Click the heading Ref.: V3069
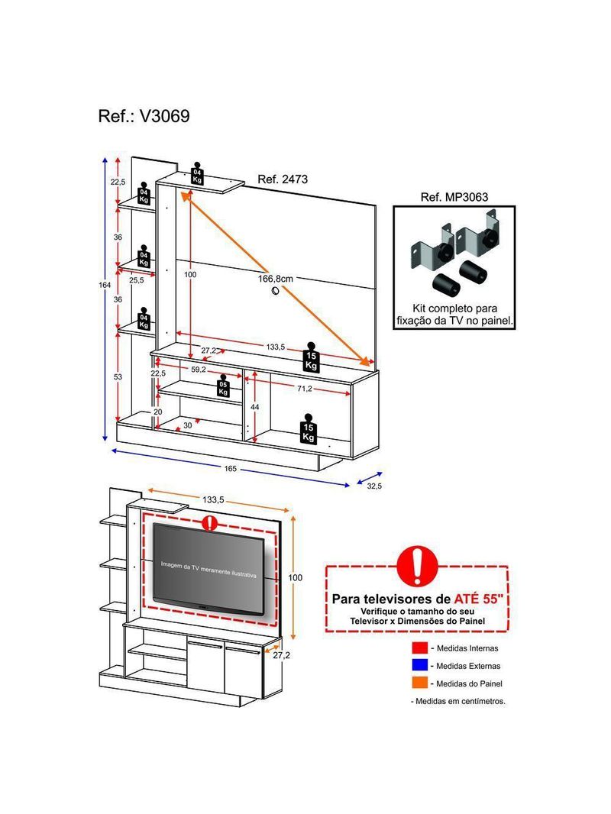coord(144,117)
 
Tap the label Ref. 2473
coord(283,180)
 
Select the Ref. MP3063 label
coord(454,196)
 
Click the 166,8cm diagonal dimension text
coord(275,279)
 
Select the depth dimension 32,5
coord(374,486)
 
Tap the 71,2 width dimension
coord(304,389)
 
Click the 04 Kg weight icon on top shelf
coord(197,174)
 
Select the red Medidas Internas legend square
coord(419,648)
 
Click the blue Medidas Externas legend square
coord(419,665)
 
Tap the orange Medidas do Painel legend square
coord(419,683)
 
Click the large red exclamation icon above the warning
coord(416,566)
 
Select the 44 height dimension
coord(255,407)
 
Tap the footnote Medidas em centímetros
coord(458,701)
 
